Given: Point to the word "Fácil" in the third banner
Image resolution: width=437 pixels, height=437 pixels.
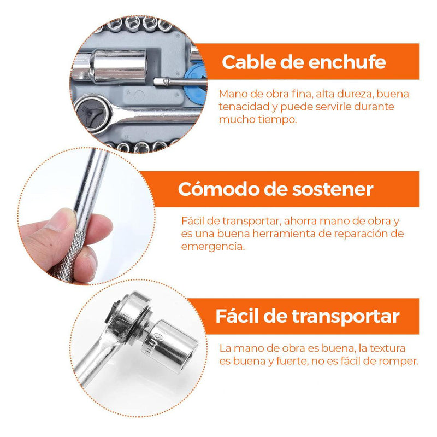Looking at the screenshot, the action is pos(237,316).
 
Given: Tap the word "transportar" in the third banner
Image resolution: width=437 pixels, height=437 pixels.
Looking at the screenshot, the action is pos(346,317).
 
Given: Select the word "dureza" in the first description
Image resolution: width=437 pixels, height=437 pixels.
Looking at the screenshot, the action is pos(355,94).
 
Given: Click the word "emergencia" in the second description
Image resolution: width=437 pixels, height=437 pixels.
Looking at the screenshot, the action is pos(212,247).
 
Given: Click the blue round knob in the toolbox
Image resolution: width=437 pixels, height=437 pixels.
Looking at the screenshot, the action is pos(196,84).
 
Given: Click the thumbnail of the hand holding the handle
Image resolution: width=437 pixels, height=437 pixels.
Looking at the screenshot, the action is pos(87,216).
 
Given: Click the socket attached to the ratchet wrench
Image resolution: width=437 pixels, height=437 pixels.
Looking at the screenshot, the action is pos(170,346).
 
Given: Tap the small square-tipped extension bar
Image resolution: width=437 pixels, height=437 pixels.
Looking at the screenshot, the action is pos(180,81).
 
